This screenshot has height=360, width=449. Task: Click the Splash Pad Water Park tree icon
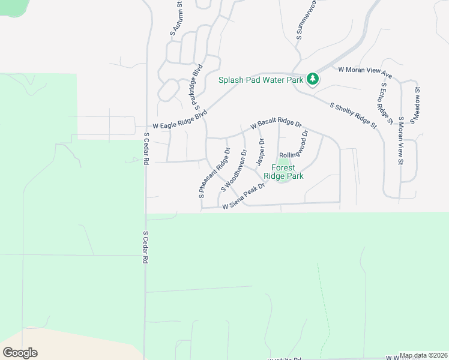click(312, 79)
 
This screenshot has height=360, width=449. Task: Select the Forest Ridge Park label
click(287, 172)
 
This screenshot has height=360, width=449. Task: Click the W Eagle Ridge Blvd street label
click(179, 120)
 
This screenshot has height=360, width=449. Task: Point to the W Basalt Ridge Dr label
click(276, 124)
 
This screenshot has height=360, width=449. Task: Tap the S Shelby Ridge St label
click(354, 116)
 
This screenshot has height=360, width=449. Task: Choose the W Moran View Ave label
click(365, 73)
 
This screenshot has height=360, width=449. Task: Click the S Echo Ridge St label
click(385, 103)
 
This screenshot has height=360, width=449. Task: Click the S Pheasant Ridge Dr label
click(214, 173)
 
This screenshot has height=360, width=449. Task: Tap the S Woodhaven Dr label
click(234, 171)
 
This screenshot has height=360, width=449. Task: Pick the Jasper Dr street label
click(261, 152)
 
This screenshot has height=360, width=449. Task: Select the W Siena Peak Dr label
click(244, 198)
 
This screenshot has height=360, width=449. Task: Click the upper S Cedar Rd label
click(146, 147)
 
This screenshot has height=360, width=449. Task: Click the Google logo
click(20, 353)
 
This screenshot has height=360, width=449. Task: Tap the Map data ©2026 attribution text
click(424, 355)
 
